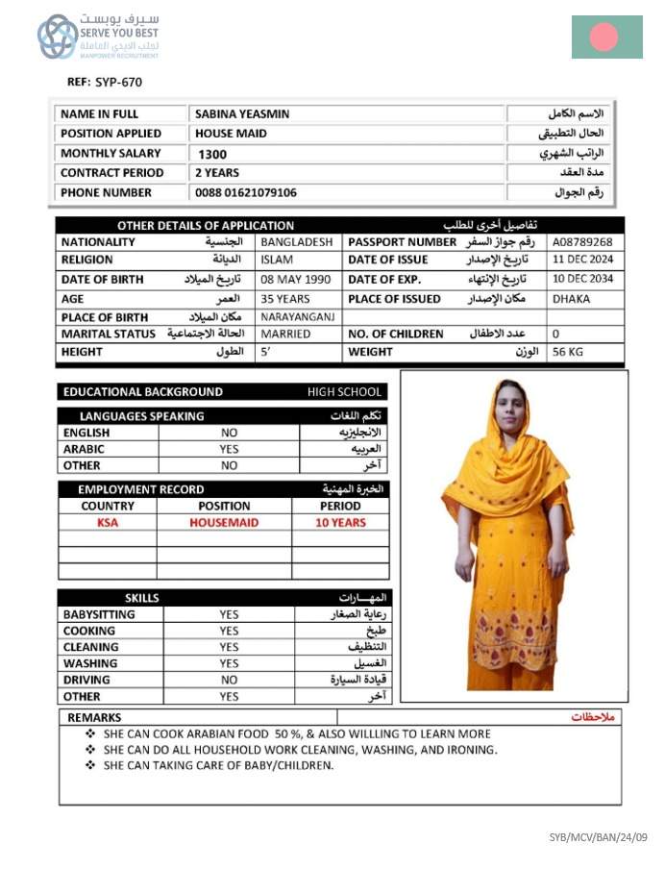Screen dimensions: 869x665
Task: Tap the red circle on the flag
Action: [603, 37]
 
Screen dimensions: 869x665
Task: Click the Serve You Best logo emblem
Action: [58, 37]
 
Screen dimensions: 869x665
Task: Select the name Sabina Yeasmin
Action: [242, 113]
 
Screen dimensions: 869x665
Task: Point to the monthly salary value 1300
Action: [213, 154]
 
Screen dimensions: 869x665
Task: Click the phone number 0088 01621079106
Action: [246, 192]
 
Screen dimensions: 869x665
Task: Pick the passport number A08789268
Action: [582, 242]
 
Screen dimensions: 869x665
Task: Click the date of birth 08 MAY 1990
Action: [296, 279]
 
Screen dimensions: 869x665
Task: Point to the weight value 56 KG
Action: [569, 352]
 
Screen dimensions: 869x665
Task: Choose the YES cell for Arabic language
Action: [229, 449]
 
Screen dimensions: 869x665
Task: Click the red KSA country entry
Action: [108, 523]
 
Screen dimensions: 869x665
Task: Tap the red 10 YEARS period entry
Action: [341, 523]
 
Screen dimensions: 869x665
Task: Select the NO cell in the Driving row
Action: [229, 680]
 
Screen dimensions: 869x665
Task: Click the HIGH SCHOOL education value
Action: [345, 392]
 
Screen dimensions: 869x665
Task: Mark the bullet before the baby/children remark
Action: [90, 766]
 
